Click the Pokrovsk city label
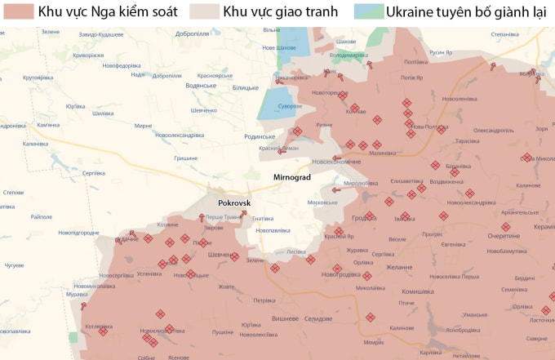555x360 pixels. click(234, 202)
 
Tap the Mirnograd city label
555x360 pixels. click(291, 176)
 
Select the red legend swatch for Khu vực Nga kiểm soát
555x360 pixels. click(17, 11)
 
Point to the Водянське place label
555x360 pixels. click(201, 86)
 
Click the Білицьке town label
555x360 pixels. click(245, 87)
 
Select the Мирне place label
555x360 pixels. click(144, 126)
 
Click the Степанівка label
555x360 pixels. click(505, 35)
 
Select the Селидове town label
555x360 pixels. click(319, 318)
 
